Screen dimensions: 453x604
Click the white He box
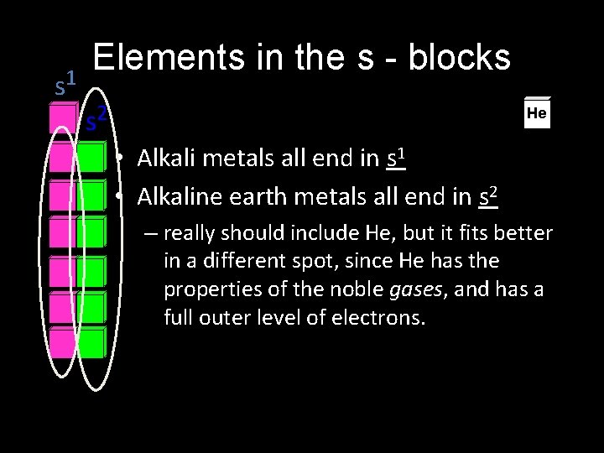(x=537, y=112)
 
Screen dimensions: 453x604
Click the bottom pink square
(x=62, y=342)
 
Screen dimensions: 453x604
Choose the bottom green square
(x=91, y=306)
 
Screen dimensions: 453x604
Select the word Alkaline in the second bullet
(x=178, y=197)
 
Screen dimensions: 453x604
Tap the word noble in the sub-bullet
(x=359, y=289)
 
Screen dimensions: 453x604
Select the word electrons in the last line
(x=381, y=318)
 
